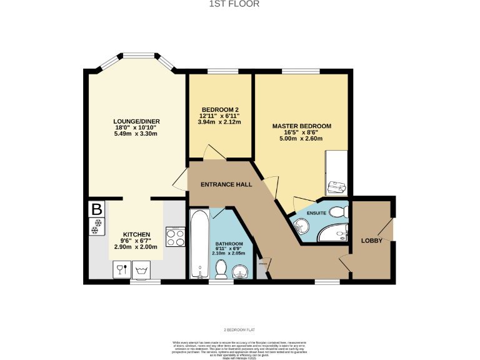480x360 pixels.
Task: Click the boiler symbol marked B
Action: point(96,209)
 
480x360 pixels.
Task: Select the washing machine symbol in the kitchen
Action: point(142,270)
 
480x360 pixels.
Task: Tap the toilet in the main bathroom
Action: point(221,269)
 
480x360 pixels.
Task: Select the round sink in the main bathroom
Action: point(240,271)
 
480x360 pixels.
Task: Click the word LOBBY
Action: point(372,241)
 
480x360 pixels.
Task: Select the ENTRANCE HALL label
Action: point(226,185)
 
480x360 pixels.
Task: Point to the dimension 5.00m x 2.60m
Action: point(301,138)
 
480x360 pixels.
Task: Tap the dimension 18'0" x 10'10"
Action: point(136,127)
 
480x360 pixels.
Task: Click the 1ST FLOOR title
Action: point(240,4)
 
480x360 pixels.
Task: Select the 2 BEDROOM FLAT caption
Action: point(240,329)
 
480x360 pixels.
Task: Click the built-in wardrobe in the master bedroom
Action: point(337,172)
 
